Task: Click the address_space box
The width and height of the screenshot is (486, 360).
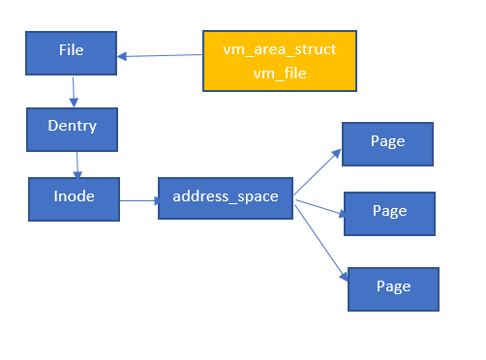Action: point(225,197)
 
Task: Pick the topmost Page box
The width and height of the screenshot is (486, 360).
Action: point(387,143)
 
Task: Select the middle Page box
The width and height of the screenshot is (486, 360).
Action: point(389,213)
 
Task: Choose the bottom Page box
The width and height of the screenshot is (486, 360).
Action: point(392,288)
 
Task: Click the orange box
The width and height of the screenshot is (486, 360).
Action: point(280,60)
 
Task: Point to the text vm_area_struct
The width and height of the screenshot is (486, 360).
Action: point(280,48)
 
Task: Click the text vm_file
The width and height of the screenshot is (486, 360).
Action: point(280,72)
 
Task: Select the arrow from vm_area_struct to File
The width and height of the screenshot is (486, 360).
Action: point(160,55)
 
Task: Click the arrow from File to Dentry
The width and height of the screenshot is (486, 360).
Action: point(73,91)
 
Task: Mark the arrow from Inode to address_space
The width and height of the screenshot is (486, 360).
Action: point(138,201)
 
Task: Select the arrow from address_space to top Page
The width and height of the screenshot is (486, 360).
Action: point(317,171)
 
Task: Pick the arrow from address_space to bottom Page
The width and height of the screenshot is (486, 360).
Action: point(321,240)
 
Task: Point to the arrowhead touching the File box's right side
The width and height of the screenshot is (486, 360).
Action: point(122,56)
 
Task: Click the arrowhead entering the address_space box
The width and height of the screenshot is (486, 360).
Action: point(154,201)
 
